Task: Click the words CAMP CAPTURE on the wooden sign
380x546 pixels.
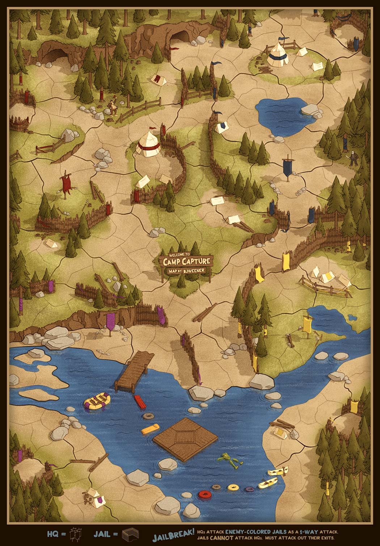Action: tap(186, 261)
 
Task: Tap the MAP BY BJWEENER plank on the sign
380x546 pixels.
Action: tap(187, 270)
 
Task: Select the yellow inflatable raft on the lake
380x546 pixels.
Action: tap(97, 402)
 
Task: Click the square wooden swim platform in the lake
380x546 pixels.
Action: tap(185, 438)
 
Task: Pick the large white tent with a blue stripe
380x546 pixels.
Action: tap(278, 54)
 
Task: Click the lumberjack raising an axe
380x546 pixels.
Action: tap(113, 105)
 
